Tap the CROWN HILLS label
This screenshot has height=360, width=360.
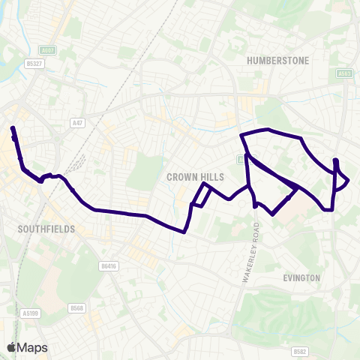pos(185,176)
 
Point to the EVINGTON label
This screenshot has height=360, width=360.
pos(301,277)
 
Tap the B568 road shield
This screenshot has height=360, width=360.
pos(76,308)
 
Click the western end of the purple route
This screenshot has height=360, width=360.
pos(12,129)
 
